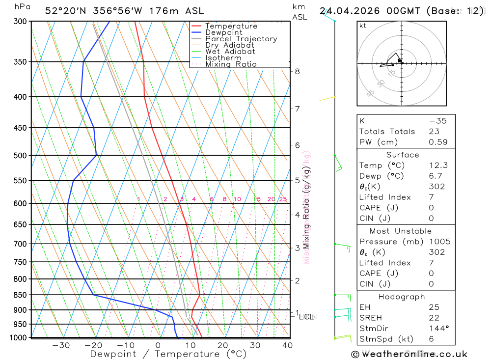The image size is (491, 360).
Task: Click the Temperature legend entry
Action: pos(231,26)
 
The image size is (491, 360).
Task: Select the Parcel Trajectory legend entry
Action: pos(241,39)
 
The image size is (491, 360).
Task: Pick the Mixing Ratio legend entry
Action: pos(231,64)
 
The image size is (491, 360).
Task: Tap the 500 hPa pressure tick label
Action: pos(20,156)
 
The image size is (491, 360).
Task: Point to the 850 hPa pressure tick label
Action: pos(20,295)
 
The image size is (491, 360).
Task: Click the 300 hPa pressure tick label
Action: pos(20,22)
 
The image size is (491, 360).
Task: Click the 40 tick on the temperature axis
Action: pos(287,346)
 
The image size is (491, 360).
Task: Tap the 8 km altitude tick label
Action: pos(297,71)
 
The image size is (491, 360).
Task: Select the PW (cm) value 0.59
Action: pos(438,142)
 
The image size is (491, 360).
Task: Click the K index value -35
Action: pos(436,121)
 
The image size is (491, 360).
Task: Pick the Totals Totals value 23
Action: pos(435,132)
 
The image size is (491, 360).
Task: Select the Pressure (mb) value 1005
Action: pos(439,242)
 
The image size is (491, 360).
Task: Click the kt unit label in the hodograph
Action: pos(363,26)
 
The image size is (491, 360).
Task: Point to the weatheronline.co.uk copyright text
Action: pos(409,354)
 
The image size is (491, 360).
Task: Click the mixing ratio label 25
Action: pos(283,199)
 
